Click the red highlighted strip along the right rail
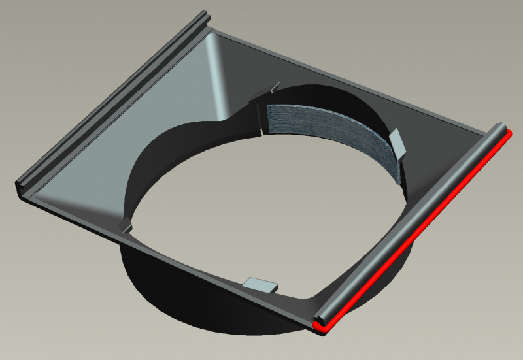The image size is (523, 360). [418, 233]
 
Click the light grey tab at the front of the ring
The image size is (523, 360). [261, 285]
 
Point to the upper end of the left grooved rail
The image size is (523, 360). [208, 16]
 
